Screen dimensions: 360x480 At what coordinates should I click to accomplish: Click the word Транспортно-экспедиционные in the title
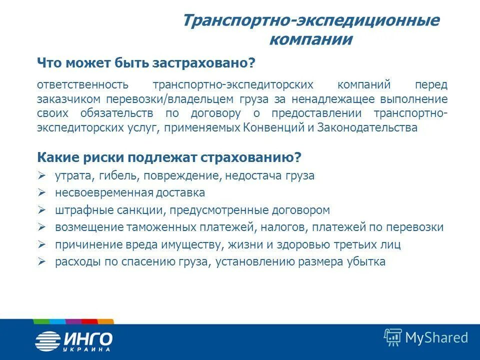coord(310,21)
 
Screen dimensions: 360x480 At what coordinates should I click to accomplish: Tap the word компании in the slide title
coord(310,39)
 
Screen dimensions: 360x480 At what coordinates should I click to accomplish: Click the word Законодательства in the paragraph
coord(367,127)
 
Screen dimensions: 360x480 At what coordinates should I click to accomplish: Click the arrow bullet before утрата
coord(42,175)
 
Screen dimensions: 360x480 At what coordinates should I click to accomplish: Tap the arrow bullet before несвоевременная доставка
coord(42,192)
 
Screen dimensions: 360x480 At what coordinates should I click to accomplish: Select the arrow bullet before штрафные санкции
coord(42,210)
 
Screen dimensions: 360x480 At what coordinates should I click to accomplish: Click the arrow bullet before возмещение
coord(42,227)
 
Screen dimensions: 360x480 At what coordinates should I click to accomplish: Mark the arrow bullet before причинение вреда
coord(42,244)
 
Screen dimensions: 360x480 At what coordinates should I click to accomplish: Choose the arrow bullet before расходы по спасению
coord(42,261)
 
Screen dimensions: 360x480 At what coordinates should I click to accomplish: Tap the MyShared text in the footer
coord(436,337)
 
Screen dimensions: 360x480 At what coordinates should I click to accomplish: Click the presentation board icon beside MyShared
coord(393,337)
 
